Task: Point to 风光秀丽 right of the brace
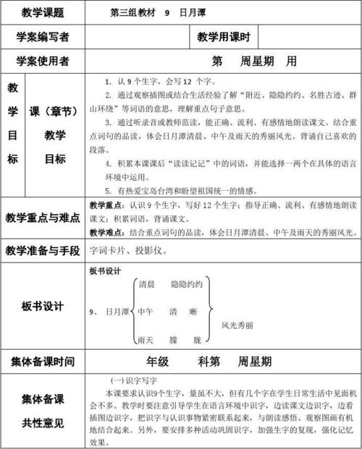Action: point(237,325)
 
